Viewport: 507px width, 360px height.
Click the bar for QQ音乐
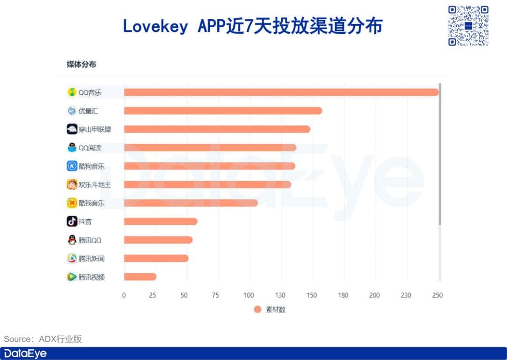point(281,92)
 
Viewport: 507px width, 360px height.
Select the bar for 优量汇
point(223,111)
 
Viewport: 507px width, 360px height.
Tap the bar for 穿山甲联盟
point(217,129)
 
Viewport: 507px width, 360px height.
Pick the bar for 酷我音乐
point(191,203)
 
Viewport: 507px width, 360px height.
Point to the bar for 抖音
point(161,222)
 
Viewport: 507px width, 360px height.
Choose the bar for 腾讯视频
point(140,277)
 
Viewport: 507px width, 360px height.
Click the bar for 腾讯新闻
point(156,258)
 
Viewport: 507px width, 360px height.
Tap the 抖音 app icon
point(72,222)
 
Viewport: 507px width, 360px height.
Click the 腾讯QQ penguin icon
point(72,240)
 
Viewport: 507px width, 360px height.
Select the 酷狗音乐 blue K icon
point(72,166)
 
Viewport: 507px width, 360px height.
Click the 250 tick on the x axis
point(437,295)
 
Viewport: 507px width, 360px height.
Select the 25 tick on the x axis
point(152,295)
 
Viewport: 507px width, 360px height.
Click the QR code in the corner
point(468,26)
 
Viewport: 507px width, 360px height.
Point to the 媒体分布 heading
point(81,64)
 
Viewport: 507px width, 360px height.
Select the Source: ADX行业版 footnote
point(43,339)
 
